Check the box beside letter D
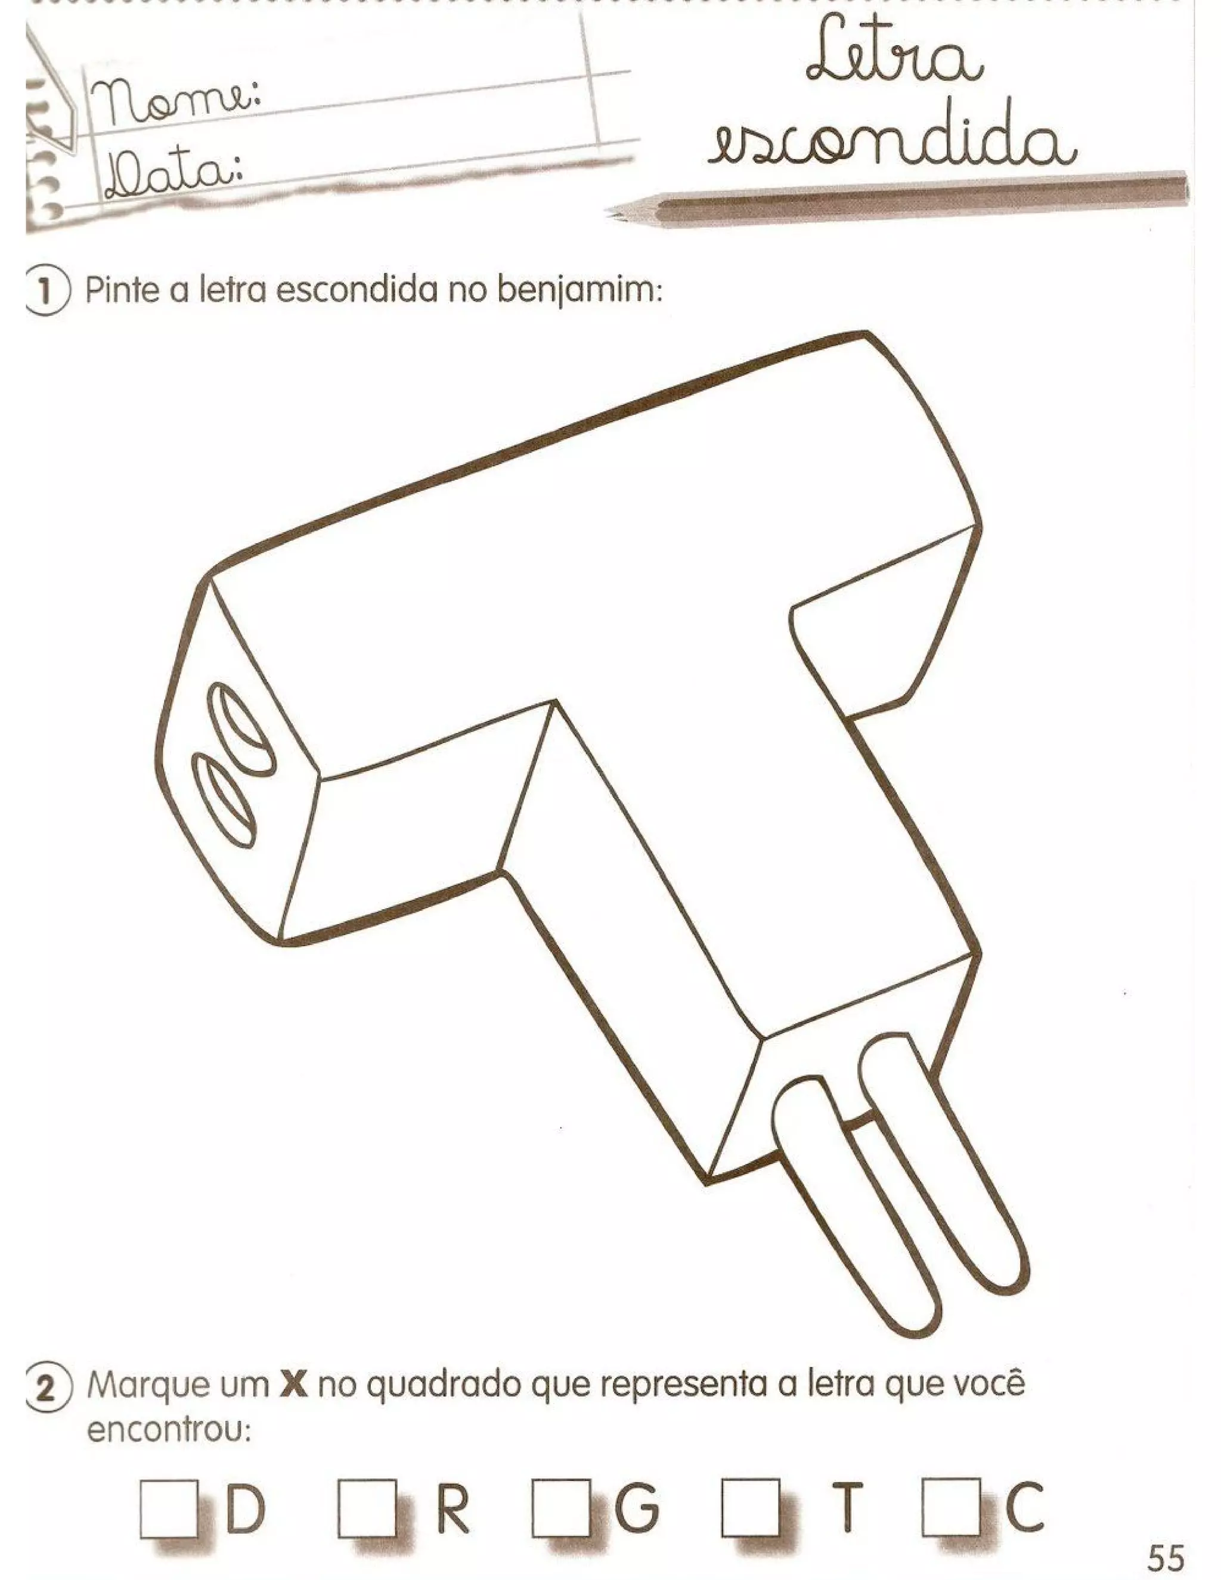(x=169, y=1508)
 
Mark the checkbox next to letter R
(x=367, y=1508)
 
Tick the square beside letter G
(x=560, y=1508)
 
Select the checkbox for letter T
(x=750, y=1508)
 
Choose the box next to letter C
(x=950, y=1508)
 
